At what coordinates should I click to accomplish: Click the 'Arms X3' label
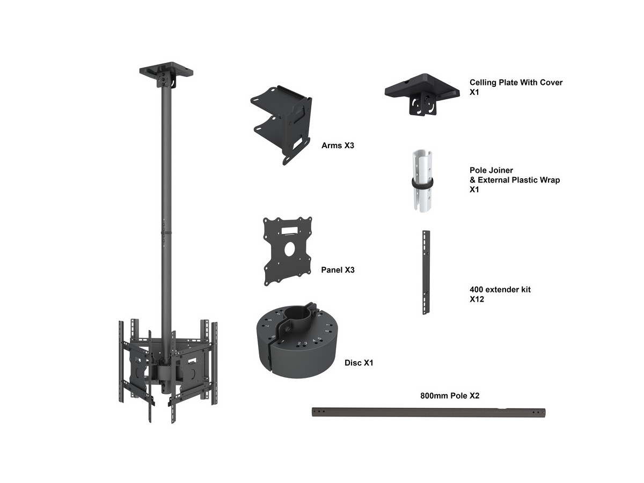338,145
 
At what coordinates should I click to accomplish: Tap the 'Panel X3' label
338,270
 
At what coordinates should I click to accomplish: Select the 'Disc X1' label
358,363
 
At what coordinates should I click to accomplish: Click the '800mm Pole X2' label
450,396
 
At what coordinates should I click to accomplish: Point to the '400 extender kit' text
500,289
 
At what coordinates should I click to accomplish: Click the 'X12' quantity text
477,299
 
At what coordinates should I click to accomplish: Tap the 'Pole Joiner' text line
491,170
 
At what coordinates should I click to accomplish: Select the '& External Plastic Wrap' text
515,180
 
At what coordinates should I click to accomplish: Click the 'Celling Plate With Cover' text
516,83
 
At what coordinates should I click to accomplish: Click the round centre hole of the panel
289,249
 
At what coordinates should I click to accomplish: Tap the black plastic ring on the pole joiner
422,182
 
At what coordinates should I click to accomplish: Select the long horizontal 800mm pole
428,412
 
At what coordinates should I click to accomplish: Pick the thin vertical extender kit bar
426,273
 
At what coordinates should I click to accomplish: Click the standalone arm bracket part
281,125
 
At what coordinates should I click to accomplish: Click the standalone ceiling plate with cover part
422,94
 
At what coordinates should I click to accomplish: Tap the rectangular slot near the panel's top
290,231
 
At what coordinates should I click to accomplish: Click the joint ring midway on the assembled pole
166,232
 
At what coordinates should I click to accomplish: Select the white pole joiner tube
422,181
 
